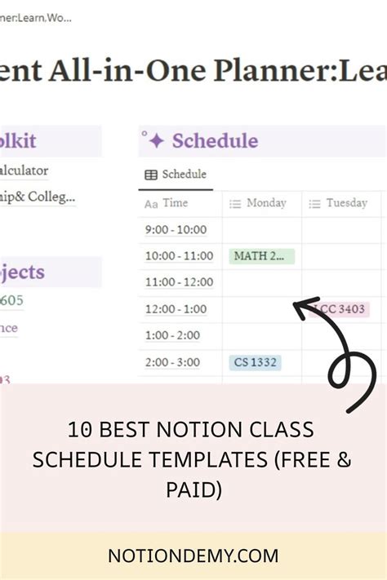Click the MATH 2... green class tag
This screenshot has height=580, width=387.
point(261,256)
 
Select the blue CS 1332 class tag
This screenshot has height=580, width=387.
point(255,362)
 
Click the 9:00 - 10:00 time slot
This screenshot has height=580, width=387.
point(176,230)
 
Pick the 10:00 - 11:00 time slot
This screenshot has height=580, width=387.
point(179,256)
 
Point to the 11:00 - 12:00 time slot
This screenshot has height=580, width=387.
point(179,283)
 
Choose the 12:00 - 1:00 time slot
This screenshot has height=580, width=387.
point(176,309)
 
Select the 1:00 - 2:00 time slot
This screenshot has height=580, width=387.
point(172,336)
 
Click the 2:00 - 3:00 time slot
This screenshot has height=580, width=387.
point(172,362)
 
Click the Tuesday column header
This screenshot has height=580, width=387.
point(346,203)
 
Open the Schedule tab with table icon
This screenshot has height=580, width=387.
point(176,175)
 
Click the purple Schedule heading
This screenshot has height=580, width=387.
point(215,141)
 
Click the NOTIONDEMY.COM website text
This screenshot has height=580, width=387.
point(193,556)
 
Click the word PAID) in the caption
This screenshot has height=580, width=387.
point(193,489)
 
